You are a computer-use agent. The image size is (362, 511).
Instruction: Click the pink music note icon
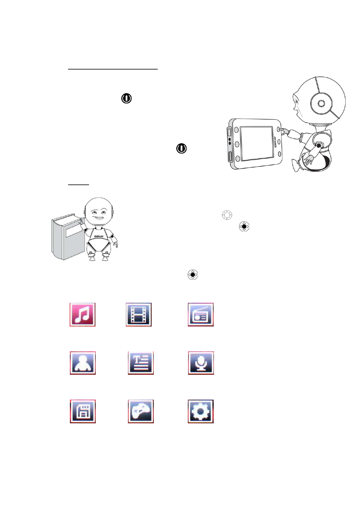point(82,314)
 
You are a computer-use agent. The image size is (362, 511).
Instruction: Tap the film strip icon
point(139,314)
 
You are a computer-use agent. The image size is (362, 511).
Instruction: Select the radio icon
point(201,314)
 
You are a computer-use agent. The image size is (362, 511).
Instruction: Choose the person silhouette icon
point(83,363)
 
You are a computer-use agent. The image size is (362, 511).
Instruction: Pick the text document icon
point(141,363)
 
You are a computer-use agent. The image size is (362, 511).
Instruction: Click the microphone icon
point(201,363)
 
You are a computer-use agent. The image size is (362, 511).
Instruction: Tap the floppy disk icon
point(83,411)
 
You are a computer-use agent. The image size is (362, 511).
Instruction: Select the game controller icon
point(141,411)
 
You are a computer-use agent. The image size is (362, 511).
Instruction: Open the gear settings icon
point(201,411)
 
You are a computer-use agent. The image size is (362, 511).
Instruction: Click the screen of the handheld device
point(256,143)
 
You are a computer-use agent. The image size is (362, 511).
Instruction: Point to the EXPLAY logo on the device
point(275,142)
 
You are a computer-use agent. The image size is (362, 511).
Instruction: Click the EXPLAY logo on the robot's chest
point(99,236)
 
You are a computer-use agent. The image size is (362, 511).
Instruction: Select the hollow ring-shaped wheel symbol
point(227,215)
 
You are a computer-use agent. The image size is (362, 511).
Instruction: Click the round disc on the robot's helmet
point(321,103)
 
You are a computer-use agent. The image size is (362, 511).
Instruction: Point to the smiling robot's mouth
point(98,218)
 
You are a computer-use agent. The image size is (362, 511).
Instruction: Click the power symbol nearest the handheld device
point(181,148)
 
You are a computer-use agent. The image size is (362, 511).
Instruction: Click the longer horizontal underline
point(113,69)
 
